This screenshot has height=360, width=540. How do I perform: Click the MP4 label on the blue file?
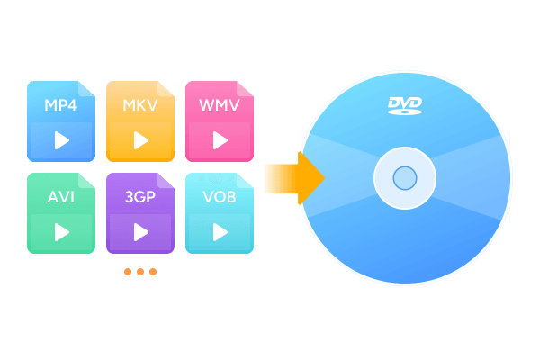61,105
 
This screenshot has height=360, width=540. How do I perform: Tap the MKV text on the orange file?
140,105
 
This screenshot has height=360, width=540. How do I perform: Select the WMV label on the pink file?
220,105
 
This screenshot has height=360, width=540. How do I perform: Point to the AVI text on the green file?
61,197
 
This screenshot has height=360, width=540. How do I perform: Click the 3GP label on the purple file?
140,197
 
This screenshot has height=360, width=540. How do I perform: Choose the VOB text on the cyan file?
220,197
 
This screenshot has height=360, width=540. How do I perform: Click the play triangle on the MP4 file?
62,140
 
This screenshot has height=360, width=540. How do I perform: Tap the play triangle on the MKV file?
141,140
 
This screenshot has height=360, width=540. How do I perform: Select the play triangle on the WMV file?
220,140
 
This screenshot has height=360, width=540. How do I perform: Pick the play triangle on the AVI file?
62,232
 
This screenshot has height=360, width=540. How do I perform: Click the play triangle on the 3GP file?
141,232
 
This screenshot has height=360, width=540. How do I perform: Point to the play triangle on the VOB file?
220,232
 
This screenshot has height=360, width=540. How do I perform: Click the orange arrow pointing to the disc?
295,178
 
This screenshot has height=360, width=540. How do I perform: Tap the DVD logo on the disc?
405,106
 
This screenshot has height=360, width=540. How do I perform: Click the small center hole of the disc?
405,178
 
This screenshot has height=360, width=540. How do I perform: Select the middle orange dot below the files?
140,272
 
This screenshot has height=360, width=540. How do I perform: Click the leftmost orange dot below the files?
128,272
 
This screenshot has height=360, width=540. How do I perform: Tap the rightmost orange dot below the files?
153,272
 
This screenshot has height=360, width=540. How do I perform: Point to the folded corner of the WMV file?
243,90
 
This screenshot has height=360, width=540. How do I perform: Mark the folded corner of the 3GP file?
164,181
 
